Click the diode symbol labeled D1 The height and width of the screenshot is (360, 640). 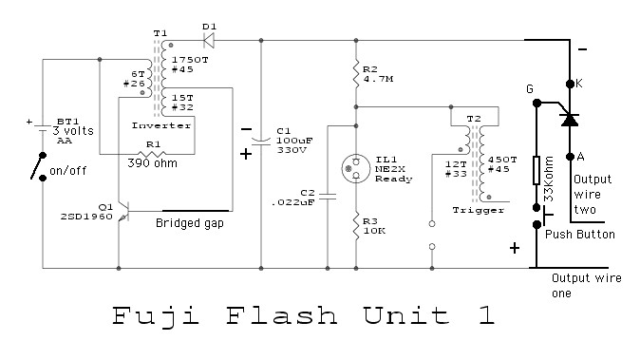[207, 41]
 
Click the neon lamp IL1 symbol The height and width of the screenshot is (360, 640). [355, 168]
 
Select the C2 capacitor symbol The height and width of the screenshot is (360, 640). [325, 197]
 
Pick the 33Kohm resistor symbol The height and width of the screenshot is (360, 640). [536, 175]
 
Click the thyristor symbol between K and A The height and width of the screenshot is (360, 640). [569, 119]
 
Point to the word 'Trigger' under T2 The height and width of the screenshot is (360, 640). [472, 209]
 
